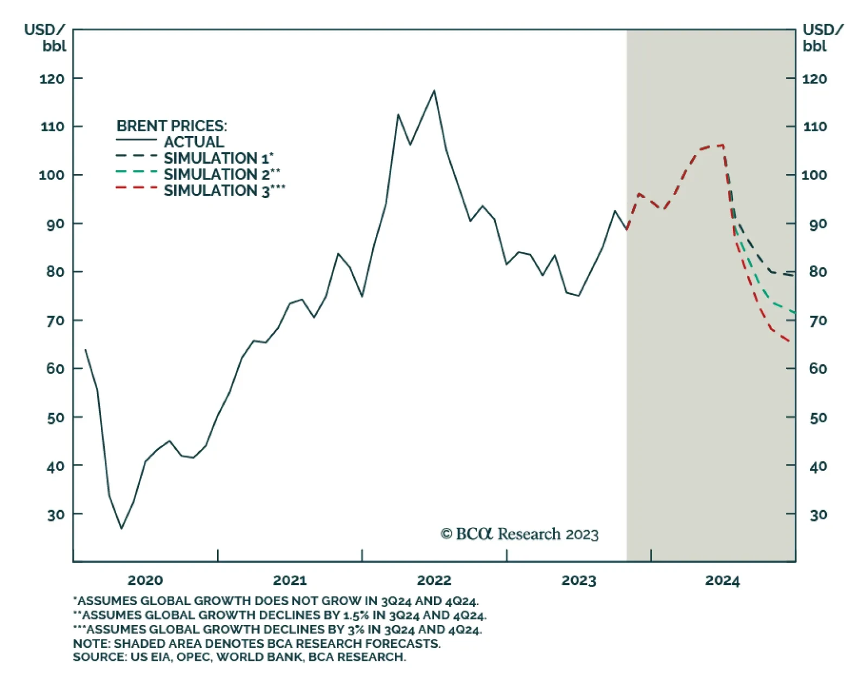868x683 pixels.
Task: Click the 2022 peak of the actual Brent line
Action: [434, 91]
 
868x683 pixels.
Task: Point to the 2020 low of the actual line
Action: [121, 528]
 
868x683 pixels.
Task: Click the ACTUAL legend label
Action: [194, 142]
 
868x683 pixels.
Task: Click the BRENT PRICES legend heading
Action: [171, 126]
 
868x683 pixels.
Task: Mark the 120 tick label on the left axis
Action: [52, 79]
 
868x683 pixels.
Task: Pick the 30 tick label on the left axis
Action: [55, 514]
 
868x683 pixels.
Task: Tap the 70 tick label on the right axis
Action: [818, 321]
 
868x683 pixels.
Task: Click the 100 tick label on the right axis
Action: [814, 175]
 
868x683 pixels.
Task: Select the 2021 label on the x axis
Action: [290, 581]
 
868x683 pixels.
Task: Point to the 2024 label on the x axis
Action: [722, 581]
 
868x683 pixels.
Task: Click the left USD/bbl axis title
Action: [45, 37]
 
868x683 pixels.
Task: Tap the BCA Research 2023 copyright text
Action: [519, 534]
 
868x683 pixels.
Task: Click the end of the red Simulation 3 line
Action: [789, 341]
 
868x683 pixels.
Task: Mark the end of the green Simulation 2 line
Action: [794, 312]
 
